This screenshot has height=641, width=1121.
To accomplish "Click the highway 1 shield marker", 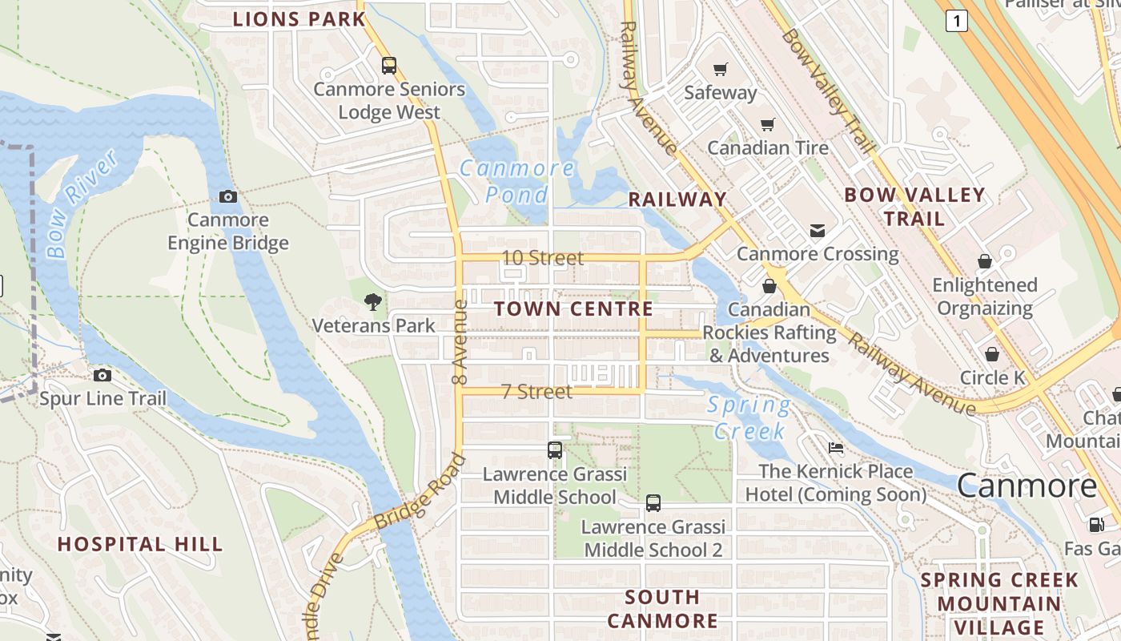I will (956, 21).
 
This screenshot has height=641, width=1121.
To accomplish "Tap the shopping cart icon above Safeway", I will (720, 70).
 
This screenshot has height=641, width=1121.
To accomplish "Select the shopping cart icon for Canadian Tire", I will (768, 125).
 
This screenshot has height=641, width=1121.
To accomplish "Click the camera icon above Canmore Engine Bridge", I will (228, 196).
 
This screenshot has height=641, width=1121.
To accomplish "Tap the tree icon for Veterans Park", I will (372, 302).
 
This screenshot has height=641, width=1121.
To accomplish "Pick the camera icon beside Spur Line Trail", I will (102, 375).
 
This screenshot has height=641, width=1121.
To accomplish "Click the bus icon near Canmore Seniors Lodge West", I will (389, 66).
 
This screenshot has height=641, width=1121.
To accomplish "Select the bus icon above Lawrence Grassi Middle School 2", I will (653, 503).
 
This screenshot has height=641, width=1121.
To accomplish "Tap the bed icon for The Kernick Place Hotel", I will (836, 448).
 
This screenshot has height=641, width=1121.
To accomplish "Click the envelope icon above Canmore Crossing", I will (818, 231).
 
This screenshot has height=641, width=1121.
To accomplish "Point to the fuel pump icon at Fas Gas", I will (1095, 525).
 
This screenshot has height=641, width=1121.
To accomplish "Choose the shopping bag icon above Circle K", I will (992, 354).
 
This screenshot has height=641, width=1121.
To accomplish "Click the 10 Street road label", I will (543, 258).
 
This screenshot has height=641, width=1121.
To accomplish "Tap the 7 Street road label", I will (536, 392).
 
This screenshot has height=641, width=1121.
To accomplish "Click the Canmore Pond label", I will (517, 181).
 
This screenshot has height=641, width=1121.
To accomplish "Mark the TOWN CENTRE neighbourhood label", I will (573, 308).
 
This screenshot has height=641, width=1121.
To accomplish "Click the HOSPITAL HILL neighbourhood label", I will (140, 544).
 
